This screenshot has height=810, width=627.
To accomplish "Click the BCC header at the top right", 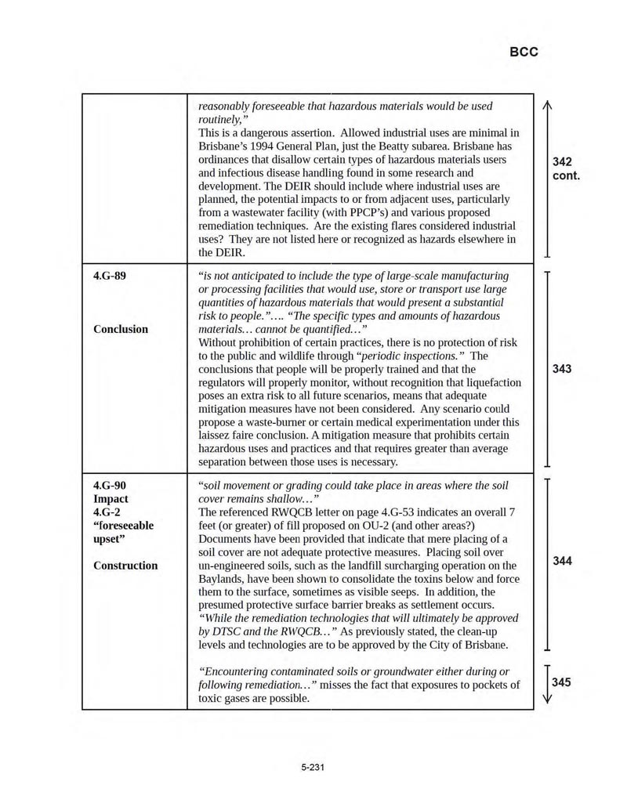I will click(524, 52).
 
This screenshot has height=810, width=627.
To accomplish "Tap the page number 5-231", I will click(313, 767).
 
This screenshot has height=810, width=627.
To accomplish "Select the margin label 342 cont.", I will click(566, 168).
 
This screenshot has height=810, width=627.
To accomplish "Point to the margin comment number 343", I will click(562, 369).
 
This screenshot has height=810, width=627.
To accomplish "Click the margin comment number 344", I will click(562, 561).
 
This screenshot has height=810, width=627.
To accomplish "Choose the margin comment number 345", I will click(562, 682).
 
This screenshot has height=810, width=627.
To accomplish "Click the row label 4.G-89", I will click(109, 276).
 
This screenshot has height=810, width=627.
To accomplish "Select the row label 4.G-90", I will click(109, 485).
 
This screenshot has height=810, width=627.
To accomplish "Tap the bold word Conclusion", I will click(120, 329).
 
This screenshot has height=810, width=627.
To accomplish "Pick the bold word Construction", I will click(125, 565).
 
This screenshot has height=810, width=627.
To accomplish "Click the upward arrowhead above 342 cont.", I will click(546, 105).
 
